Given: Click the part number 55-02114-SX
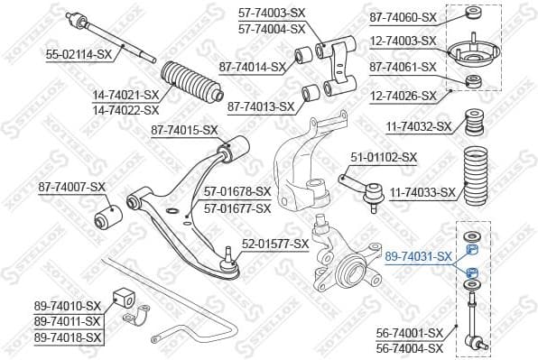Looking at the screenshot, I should [79, 55].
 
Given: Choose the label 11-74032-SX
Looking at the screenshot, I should [418, 127].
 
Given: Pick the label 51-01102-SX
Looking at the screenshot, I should [384, 157].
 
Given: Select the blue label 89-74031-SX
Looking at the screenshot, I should [418, 257].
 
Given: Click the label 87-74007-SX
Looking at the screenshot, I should [72, 187].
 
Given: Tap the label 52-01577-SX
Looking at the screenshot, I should [275, 244].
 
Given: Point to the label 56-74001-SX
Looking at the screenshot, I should [410, 333].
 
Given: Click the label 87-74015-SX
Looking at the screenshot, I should [184, 130].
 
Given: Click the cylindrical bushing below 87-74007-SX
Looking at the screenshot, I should [107, 217].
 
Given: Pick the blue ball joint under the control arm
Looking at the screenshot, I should [229, 263].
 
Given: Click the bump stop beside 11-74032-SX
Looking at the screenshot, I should [469, 125].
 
